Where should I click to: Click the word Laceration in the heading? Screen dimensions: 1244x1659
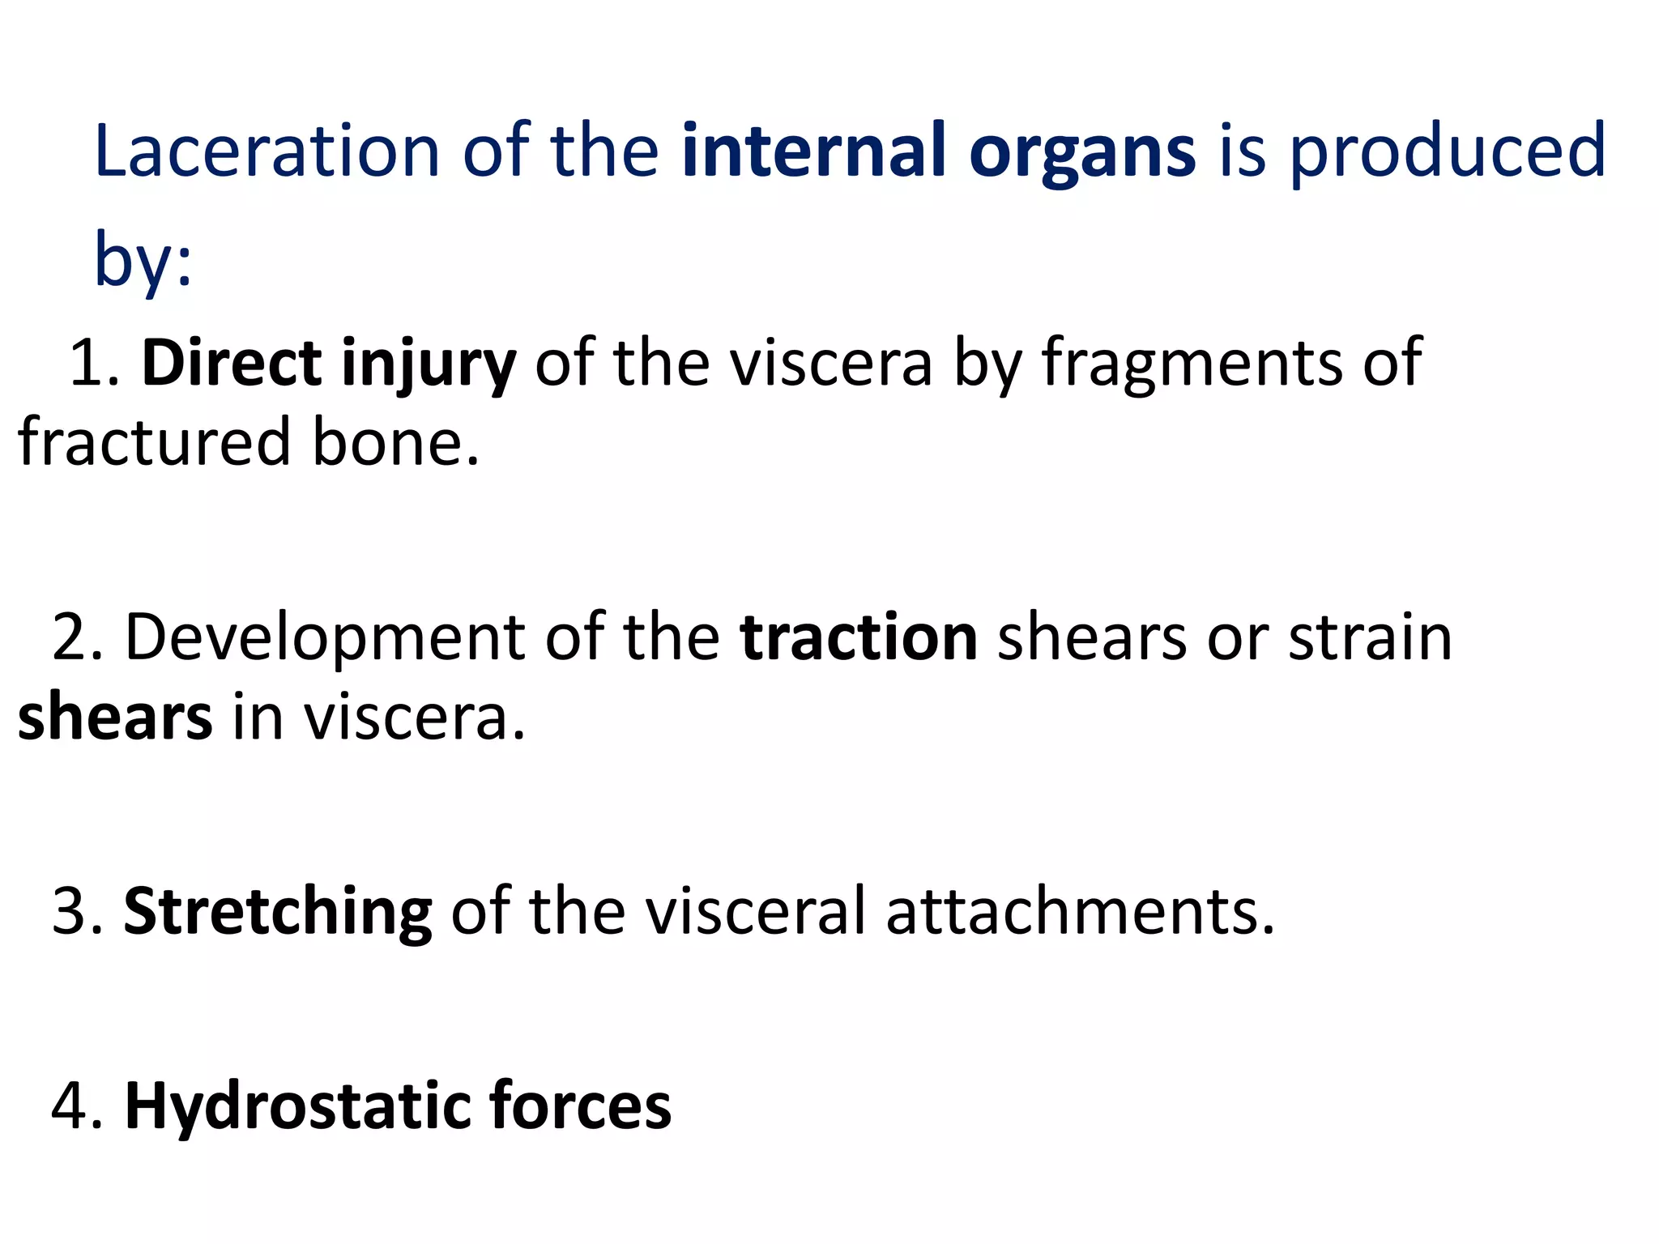pos(267,151)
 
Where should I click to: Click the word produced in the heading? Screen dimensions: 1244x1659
pos(1447,152)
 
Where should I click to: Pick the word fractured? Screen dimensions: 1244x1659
pos(154,443)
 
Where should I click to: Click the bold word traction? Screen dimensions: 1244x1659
pos(859,638)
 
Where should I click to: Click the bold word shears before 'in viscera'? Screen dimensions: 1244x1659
pos(115,718)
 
